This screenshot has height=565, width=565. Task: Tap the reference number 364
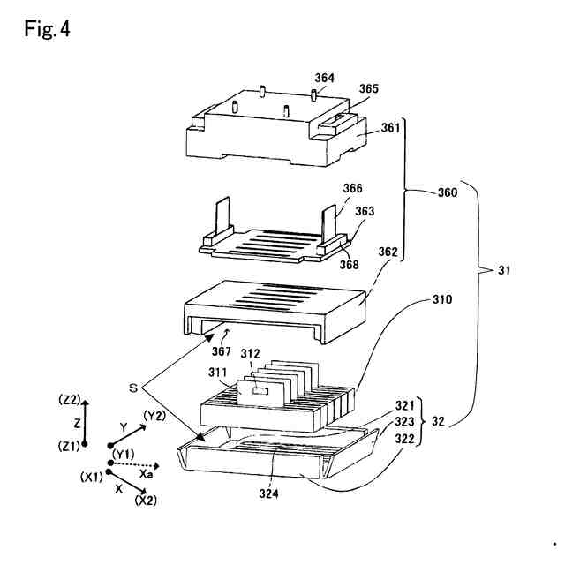tap(325, 79)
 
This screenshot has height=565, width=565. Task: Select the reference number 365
tap(369, 89)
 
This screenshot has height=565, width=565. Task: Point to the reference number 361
tap(390, 128)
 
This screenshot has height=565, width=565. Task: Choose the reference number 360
tap(446, 191)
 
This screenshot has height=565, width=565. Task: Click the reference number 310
tap(442, 300)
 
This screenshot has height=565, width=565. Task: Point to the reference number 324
tap(269, 493)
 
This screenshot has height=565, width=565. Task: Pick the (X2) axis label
tap(147, 501)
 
